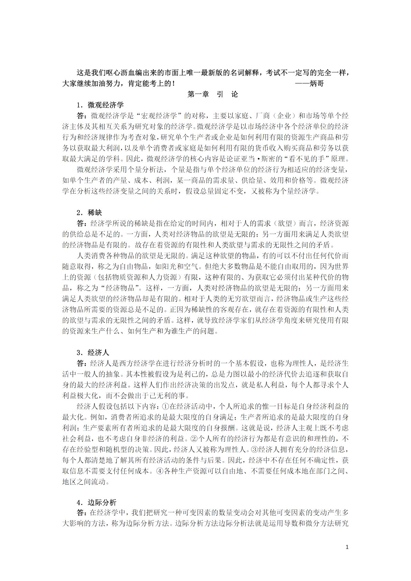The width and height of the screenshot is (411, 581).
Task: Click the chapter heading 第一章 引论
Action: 213,94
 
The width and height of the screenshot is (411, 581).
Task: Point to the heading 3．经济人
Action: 93,352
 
